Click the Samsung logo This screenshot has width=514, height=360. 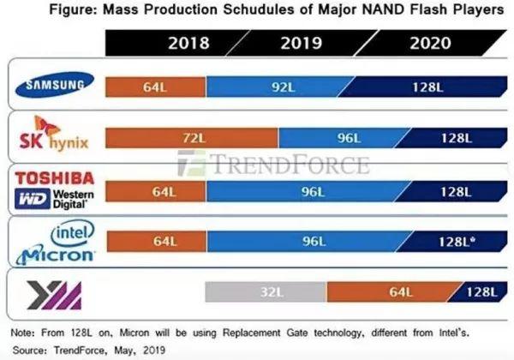pyautogui.click(x=55, y=84)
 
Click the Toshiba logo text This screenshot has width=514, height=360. pyautogui.click(x=55, y=178)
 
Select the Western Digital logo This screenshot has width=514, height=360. pyautogui.click(x=55, y=200)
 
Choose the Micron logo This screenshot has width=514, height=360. pyautogui.click(x=55, y=255)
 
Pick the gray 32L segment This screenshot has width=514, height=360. pyautogui.click(x=266, y=292)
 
